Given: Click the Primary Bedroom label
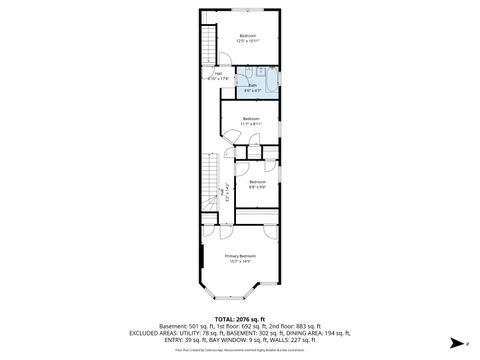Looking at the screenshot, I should pyautogui.click(x=240, y=257).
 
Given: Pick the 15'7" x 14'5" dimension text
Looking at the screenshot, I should pyautogui.click(x=240, y=262).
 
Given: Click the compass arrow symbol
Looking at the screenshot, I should pyautogui.click(x=453, y=342).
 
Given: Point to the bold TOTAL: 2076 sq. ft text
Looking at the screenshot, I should pyautogui.click(x=239, y=319).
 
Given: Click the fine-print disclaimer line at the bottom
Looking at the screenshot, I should pyautogui.click(x=239, y=351).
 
